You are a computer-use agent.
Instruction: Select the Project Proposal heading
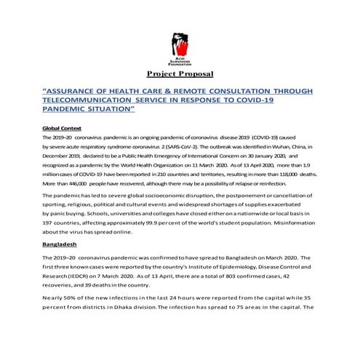(x=179, y=74)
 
